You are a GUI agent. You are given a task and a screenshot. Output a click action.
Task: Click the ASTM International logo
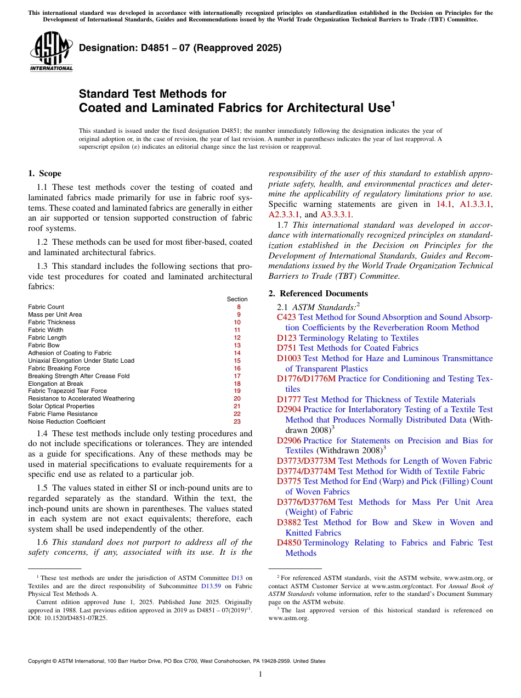[x=50, y=52]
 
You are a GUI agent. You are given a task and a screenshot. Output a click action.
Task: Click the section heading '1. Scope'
[x=44, y=173]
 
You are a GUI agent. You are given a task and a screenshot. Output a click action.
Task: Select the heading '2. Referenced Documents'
[x=318, y=294]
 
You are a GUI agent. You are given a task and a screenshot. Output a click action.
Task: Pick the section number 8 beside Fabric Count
[x=239, y=307]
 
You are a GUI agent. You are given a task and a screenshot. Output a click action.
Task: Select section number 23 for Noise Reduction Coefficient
[x=237, y=421]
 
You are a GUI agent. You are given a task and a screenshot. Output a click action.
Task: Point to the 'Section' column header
[x=237, y=299]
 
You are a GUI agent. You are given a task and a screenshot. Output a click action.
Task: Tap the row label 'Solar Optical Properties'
[x=61, y=406]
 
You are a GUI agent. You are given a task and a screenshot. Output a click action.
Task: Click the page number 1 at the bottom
[x=260, y=674]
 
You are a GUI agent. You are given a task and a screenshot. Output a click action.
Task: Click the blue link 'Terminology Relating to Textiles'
[x=359, y=338]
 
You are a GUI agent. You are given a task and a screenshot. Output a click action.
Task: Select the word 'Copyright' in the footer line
[x=41, y=661]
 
